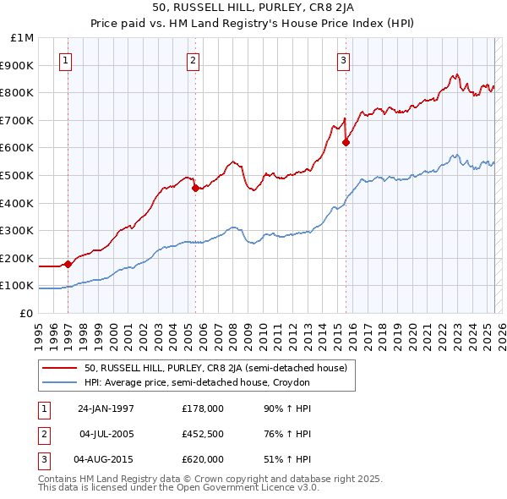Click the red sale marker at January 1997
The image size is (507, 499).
coord(68,264)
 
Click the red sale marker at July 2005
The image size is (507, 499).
coord(195,189)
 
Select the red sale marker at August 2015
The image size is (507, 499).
coord(346,142)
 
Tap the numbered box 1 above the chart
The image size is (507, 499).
coord(66,60)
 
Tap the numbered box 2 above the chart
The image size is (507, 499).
coord(193,60)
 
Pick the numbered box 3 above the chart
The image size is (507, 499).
coord(344,60)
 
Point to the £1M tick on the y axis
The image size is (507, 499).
coord(23,38)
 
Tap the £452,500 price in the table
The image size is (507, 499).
coord(203,435)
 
